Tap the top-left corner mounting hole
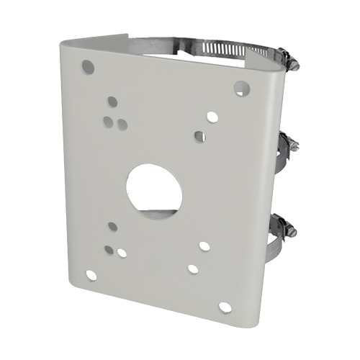[88, 68]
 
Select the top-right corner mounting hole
[241, 88]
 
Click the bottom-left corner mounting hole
[91, 274]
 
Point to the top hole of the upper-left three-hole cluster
[112, 103]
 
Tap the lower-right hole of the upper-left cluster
[122, 125]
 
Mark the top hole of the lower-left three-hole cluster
[113, 227]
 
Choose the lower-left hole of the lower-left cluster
[108, 250]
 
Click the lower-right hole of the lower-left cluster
[122, 253]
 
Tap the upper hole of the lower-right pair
[204, 246]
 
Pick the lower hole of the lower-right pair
[193, 269]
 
